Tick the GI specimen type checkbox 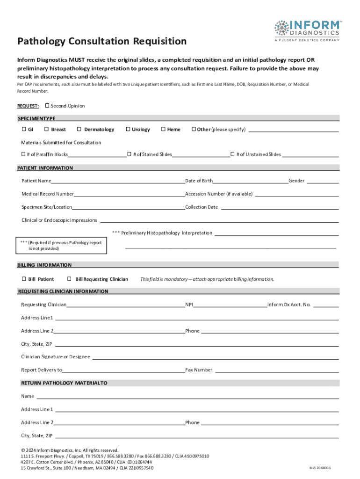pyautogui.click(x=23, y=129)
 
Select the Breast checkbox pyautogui.click(x=47, y=129)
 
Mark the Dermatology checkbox pyautogui.click(x=79, y=129)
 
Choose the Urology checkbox pyautogui.click(x=128, y=129)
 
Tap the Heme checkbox pyautogui.click(x=163, y=129)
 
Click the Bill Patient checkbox pyautogui.click(x=23, y=279)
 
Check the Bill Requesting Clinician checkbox pyautogui.click(x=70, y=279)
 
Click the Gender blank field pyautogui.click(x=323, y=181)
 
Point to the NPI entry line pyautogui.click(x=230, y=305)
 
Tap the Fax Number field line pyautogui.click(x=276, y=370)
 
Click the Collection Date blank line pyautogui.click(x=279, y=208)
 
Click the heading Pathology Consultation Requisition pyautogui.click(x=102, y=41)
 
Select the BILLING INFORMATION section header pyautogui.click(x=44, y=265)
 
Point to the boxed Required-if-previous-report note pyautogui.click(x=62, y=246)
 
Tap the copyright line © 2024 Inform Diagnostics pyautogui.click(x=70, y=450)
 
